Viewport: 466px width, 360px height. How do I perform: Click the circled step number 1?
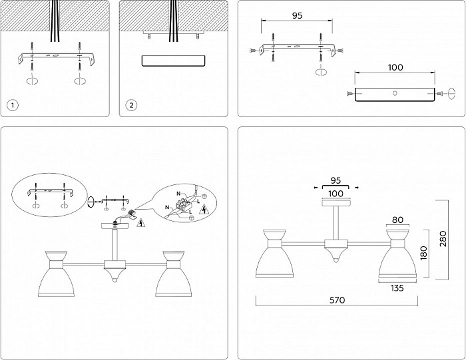coord(13,105)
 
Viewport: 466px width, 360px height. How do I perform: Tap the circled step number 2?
coord(131,105)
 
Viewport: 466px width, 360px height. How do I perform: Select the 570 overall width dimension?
coord(338,300)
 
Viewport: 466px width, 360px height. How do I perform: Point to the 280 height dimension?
coord(443,238)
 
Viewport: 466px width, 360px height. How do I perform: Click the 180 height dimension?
coord(423,253)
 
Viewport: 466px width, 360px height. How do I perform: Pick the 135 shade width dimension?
coord(397,287)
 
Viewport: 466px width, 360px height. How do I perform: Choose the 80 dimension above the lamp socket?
coord(397,220)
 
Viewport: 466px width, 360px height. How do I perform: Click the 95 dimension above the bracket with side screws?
coord(297,15)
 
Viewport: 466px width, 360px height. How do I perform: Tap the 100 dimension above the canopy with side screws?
coord(395,67)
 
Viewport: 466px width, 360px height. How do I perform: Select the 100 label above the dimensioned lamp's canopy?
coord(336,194)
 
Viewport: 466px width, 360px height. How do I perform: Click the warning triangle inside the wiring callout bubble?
coord(204,210)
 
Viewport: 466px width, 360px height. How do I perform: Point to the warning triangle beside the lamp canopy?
coord(140,223)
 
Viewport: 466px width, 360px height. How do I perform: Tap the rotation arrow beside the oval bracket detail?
coord(91,202)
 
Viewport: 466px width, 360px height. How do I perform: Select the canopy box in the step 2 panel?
coord(174,61)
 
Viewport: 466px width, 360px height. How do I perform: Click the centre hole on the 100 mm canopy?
coord(395,93)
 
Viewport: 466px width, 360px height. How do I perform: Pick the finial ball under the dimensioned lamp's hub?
coord(336,260)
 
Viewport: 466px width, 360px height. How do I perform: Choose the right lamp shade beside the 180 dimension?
coord(397,254)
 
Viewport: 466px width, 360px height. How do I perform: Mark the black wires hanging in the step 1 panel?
coord(55,21)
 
